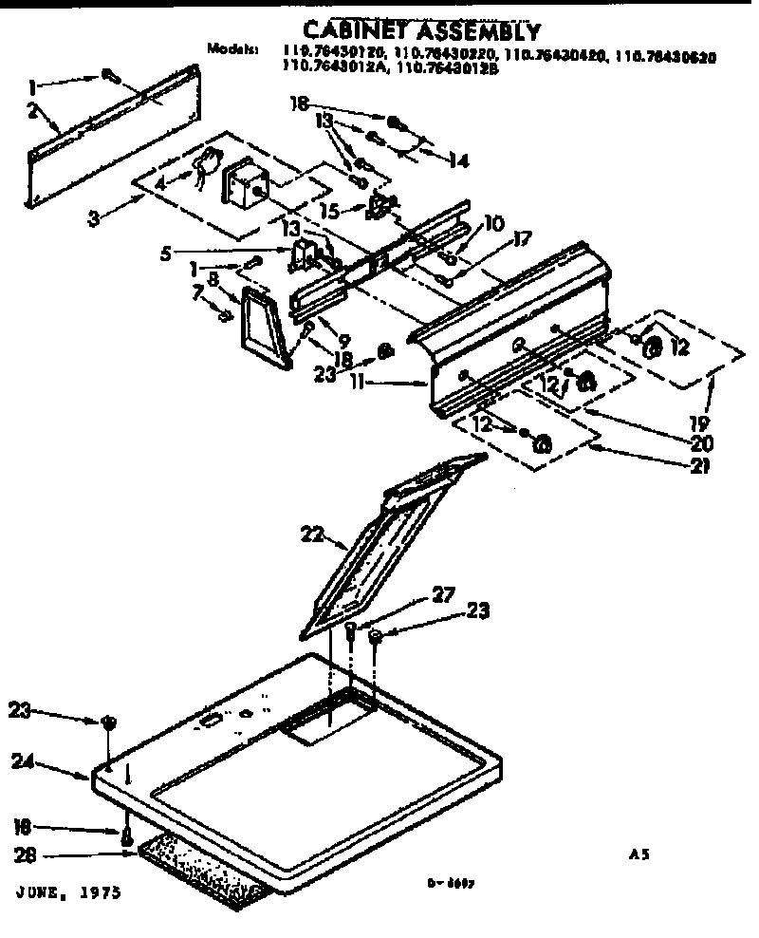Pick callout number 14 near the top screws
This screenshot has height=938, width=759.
click(x=458, y=162)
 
